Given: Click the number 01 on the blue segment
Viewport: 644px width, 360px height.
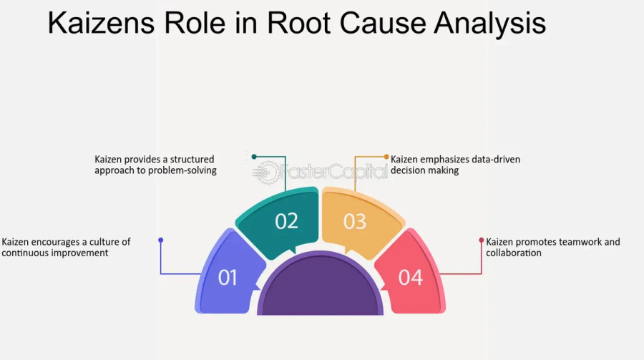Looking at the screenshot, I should pyautogui.click(x=228, y=278).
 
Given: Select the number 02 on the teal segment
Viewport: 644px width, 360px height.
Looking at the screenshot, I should pyautogui.click(x=286, y=221).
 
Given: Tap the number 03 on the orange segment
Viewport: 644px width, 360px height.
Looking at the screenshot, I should pyautogui.click(x=354, y=222).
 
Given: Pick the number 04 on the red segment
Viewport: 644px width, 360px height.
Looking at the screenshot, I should pyautogui.click(x=411, y=278).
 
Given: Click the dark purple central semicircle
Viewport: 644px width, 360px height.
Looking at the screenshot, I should pyautogui.click(x=320, y=286).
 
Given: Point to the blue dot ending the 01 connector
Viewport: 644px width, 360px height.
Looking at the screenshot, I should pyautogui.click(x=161, y=240).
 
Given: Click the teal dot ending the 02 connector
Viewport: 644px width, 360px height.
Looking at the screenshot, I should pyautogui.click(x=254, y=156).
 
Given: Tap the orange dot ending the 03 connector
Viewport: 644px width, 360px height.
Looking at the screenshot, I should pyautogui.click(x=386, y=157).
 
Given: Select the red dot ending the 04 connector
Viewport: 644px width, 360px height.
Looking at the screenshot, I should pyautogui.click(x=482, y=240).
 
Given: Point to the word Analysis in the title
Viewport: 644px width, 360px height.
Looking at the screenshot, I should pyautogui.click(x=490, y=23).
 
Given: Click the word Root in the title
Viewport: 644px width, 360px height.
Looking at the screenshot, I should pyautogui.click(x=301, y=23).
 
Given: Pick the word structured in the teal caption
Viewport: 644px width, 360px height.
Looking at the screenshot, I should pyautogui.click(x=188, y=160).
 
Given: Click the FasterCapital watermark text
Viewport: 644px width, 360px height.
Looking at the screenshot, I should pyautogui.click(x=332, y=172).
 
